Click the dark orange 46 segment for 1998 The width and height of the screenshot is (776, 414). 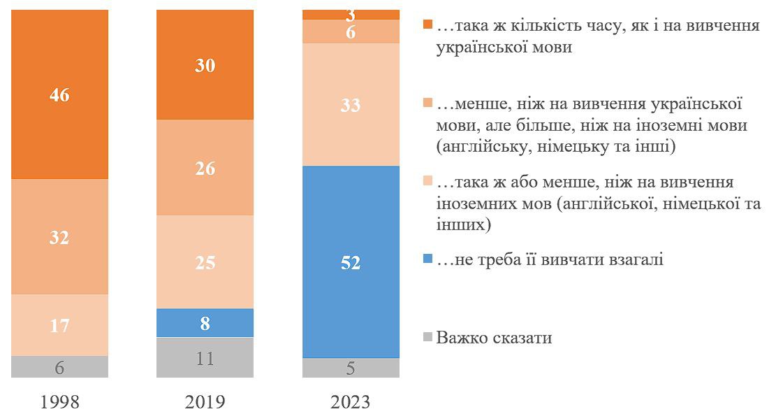(x=59, y=94)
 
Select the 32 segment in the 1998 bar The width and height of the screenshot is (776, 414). (x=59, y=236)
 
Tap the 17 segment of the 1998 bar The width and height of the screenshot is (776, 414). (x=59, y=324)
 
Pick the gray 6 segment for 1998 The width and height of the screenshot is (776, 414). (x=59, y=366)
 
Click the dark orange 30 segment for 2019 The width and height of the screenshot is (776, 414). (x=205, y=65)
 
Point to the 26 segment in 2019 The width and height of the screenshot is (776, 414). (x=205, y=168)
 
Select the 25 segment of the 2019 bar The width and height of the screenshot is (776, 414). (x=205, y=262)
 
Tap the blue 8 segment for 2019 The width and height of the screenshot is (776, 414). (x=205, y=323)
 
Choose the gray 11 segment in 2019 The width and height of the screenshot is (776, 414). (x=205, y=357)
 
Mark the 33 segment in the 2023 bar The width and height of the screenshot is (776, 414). (x=350, y=105)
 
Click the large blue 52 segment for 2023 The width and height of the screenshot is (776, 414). (x=350, y=262)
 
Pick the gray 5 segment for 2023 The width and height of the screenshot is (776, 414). (x=350, y=368)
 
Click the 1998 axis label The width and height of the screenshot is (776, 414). (x=60, y=402)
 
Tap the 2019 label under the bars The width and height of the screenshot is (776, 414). (x=205, y=402)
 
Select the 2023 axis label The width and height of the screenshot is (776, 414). (x=351, y=402)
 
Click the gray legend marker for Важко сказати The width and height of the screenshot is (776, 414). (x=427, y=338)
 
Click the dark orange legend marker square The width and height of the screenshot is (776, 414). (x=427, y=27)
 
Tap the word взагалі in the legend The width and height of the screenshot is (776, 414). (x=634, y=260)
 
